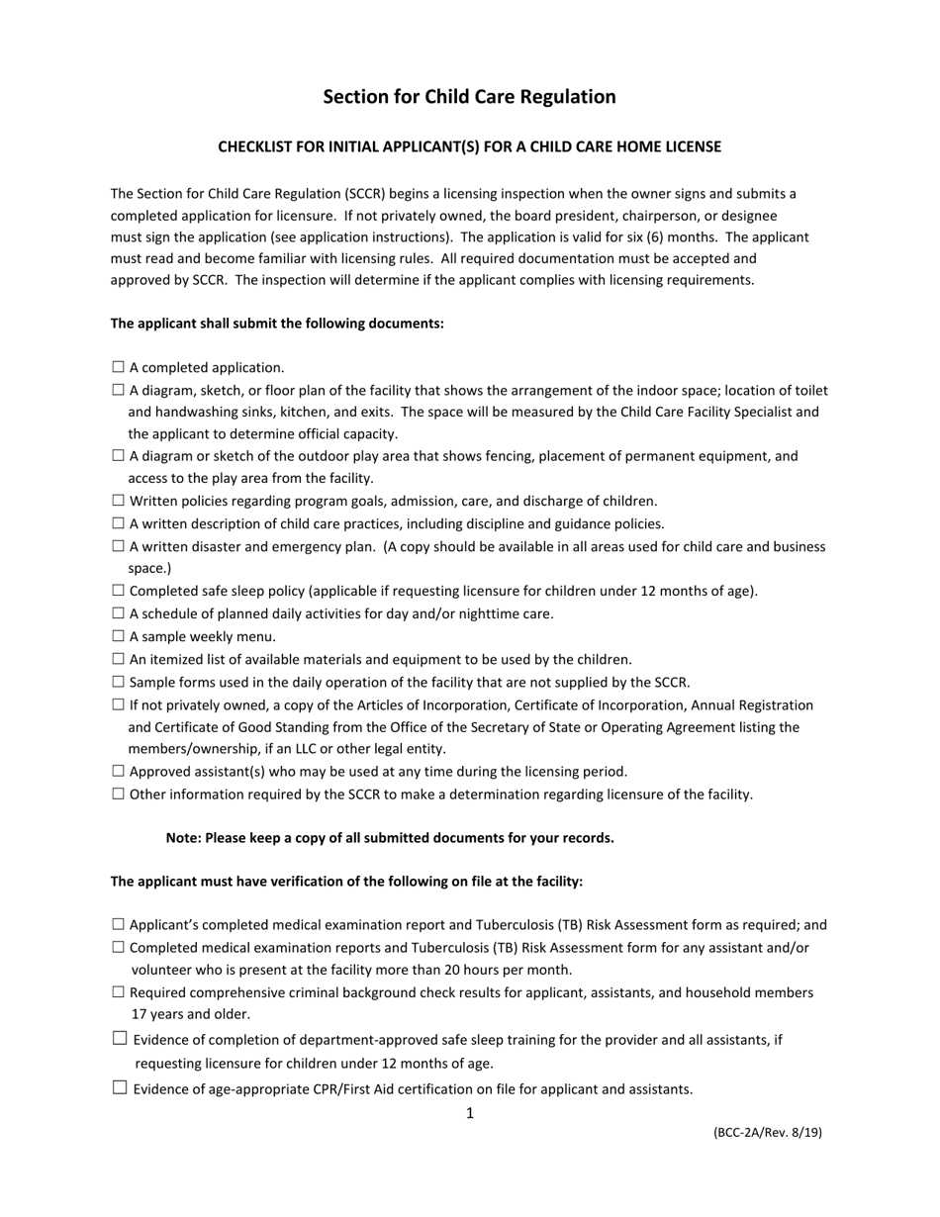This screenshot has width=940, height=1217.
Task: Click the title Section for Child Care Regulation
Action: (469, 97)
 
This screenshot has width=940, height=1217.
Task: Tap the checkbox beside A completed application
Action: (119, 367)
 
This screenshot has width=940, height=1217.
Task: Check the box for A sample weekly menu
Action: (119, 636)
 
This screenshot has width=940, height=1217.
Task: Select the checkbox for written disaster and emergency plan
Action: (119, 546)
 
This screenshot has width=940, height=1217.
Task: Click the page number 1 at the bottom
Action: (470, 1113)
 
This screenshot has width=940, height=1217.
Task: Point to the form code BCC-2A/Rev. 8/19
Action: (767, 1133)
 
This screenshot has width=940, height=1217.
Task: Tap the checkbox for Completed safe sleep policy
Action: (119, 591)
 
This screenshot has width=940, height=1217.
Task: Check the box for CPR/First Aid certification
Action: (120, 1088)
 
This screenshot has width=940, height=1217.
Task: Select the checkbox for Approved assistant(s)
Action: (119, 771)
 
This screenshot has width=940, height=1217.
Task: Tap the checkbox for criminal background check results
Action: (119, 992)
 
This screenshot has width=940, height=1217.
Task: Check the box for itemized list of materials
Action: (119, 659)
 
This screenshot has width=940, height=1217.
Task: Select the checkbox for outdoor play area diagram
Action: (119, 456)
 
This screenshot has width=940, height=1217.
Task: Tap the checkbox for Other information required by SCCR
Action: (119, 794)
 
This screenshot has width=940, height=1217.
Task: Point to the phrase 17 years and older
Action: (191, 1014)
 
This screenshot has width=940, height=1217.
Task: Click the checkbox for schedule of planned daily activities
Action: (119, 613)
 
